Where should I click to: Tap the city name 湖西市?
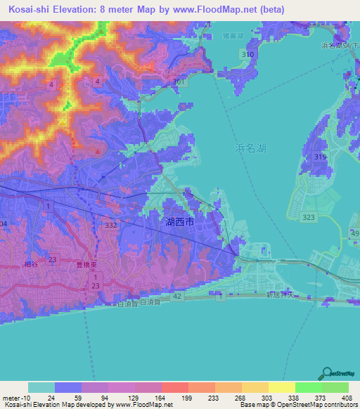click(181, 222)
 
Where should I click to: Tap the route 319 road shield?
click(321, 157)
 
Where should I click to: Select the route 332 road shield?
click(110, 225)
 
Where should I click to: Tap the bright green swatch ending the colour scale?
click(335, 387)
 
